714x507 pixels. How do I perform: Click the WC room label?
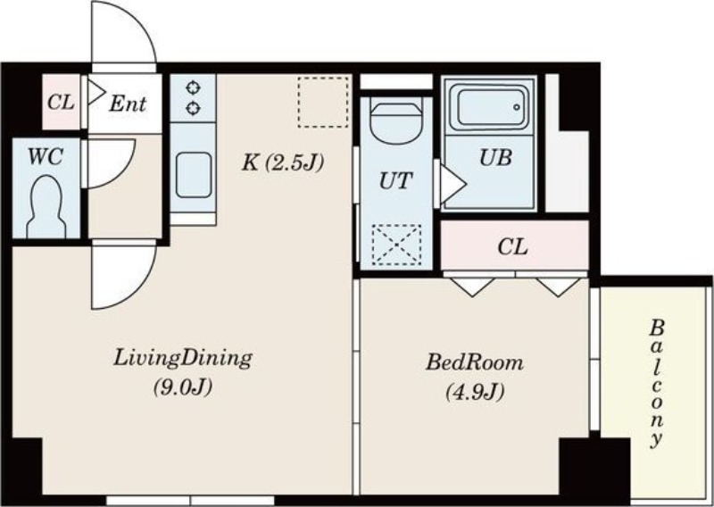[46, 157]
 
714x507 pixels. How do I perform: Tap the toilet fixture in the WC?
[46, 207]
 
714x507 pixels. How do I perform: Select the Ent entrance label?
[128, 104]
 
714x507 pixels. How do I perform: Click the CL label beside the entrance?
[61, 103]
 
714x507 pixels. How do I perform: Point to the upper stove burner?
[194, 87]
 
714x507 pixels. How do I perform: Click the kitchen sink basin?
[194, 175]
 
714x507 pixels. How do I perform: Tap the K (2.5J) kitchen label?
[282, 162]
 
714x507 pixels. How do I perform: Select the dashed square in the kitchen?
[323, 102]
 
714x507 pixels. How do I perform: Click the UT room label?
[396, 181]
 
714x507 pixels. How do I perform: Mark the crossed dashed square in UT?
[396, 245]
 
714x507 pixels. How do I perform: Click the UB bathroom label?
[495, 158]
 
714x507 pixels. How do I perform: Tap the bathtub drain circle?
[517, 107]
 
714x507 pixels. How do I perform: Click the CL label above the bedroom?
[512, 247]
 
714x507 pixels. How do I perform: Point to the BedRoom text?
[475, 363]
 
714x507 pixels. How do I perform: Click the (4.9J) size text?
[475, 392]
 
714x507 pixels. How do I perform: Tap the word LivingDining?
[183, 359]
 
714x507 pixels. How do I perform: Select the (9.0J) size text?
[183, 387]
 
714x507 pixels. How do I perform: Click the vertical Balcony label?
[656, 384]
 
